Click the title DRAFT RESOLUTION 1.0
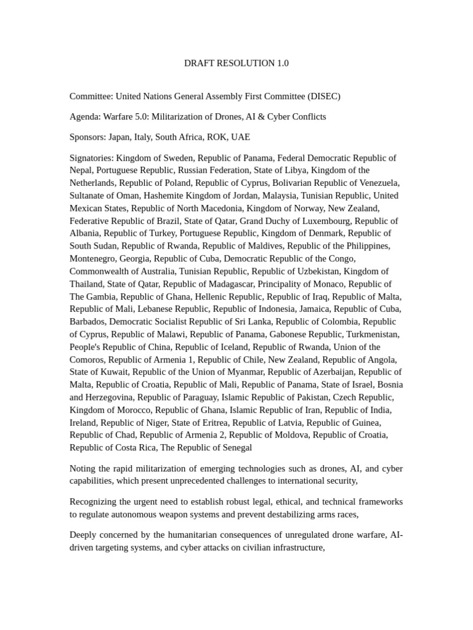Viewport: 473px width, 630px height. tap(236, 63)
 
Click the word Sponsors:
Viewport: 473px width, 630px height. tap(87, 137)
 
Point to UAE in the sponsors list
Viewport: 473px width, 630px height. tap(240, 137)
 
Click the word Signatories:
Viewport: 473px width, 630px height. tap(92, 157)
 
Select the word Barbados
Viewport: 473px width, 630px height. tap(88, 321)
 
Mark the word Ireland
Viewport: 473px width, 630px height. tap(83, 422)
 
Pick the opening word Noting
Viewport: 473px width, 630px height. tap(83, 469)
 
